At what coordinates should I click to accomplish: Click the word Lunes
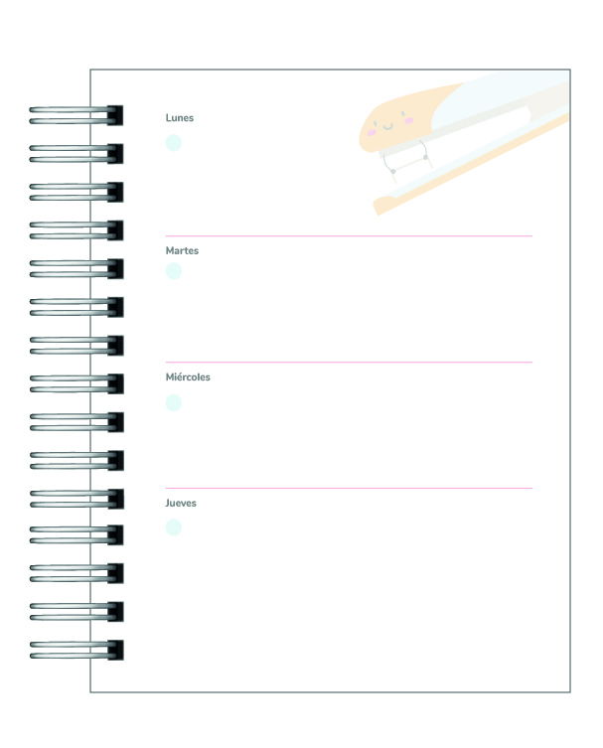(179, 118)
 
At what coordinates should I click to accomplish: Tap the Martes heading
(182, 250)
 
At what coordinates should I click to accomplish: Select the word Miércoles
(188, 377)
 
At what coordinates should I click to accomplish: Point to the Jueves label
(181, 503)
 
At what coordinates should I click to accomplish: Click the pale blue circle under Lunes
(174, 142)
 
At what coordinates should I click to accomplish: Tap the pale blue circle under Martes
(174, 271)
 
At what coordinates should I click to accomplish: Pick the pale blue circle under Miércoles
(174, 402)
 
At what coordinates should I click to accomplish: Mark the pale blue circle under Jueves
(174, 526)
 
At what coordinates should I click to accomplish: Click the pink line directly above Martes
(348, 235)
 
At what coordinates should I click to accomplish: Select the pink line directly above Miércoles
(348, 362)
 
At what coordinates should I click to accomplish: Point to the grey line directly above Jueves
(348, 488)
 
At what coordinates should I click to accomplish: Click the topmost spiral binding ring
(75, 114)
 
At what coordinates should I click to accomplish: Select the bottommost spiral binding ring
(75, 650)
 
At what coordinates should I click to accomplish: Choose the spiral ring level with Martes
(75, 268)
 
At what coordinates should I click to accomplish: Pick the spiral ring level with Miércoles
(75, 382)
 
